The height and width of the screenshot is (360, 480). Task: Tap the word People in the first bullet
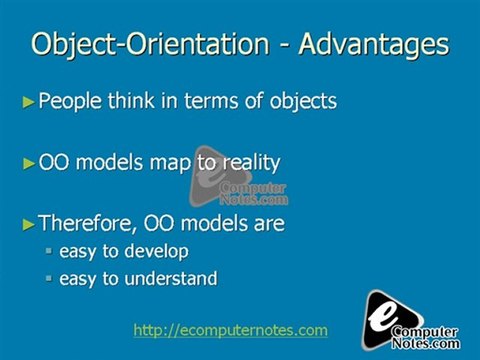(70, 101)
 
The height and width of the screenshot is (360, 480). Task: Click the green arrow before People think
(29, 101)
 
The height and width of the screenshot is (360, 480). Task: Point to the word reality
(247, 163)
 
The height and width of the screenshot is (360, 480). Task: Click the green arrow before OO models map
(29, 163)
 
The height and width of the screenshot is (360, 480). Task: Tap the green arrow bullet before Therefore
(29, 224)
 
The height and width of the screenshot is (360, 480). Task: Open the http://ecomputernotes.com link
(230, 329)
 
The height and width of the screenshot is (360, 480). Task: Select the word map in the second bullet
(174, 163)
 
